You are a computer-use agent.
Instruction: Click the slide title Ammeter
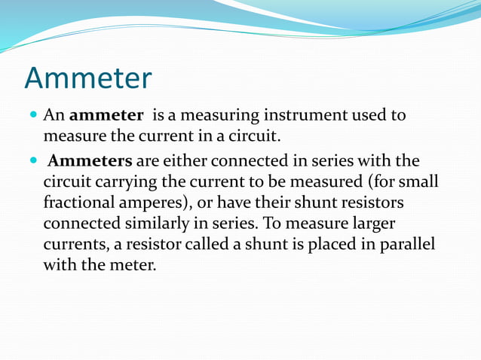click(x=88, y=78)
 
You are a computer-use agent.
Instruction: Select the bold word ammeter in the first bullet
click(x=106, y=116)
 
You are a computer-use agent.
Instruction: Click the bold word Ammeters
click(x=90, y=162)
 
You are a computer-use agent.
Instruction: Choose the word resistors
click(x=374, y=203)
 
